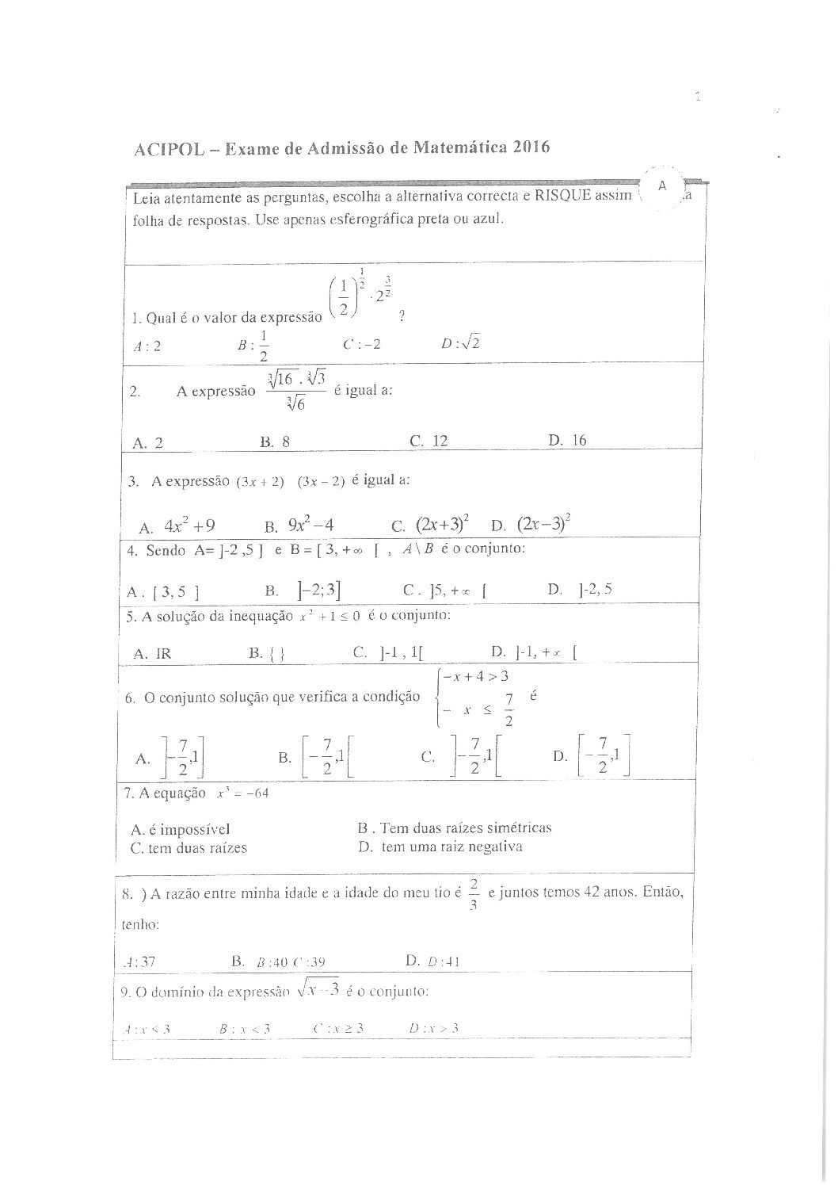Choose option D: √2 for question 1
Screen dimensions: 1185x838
pos(462,344)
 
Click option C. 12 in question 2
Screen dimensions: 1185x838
pos(429,441)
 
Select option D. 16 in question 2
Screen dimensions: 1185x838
pos(567,440)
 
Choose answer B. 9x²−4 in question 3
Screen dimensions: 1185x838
pos(299,525)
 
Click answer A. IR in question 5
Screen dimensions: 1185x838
pos(152,653)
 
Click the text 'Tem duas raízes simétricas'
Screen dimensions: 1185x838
pos(455,828)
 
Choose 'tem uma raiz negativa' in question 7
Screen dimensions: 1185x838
pos(440,847)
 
